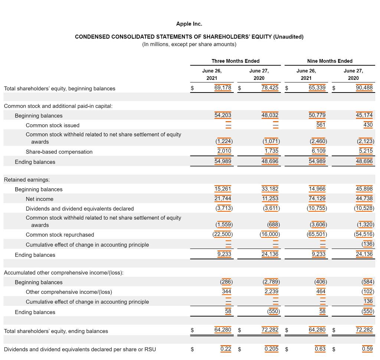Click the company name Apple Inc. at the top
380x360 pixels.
click(x=189, y=24)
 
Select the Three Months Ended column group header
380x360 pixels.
click(x=235, y=61)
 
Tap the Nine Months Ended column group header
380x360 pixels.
click(x=330, y=61)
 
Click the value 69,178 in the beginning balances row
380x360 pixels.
click(x=223, y=88)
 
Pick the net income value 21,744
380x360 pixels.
click(x=223, y=198)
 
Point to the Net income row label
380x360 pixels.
click(x=39, y=199)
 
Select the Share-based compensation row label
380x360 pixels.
click(x=59, y=152)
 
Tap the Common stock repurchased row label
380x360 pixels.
click(x=60, y=235)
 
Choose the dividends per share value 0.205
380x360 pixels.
click(x=272, y=348)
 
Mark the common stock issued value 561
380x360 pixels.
click(x=321, y=125)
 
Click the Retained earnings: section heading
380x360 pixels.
click(x=27, y=180)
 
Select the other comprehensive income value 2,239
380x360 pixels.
click(x=271, y=291)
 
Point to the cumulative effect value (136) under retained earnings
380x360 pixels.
click(x=368, y=244)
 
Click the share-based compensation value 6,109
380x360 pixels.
click(x=318, y=151)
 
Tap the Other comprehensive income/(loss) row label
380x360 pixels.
click(x=69, y=292)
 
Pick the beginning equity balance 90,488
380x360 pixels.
click(x=364, y=88)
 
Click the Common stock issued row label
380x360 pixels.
click(x=52, y=126)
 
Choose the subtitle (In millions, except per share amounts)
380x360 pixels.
click(x=189, y=44)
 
